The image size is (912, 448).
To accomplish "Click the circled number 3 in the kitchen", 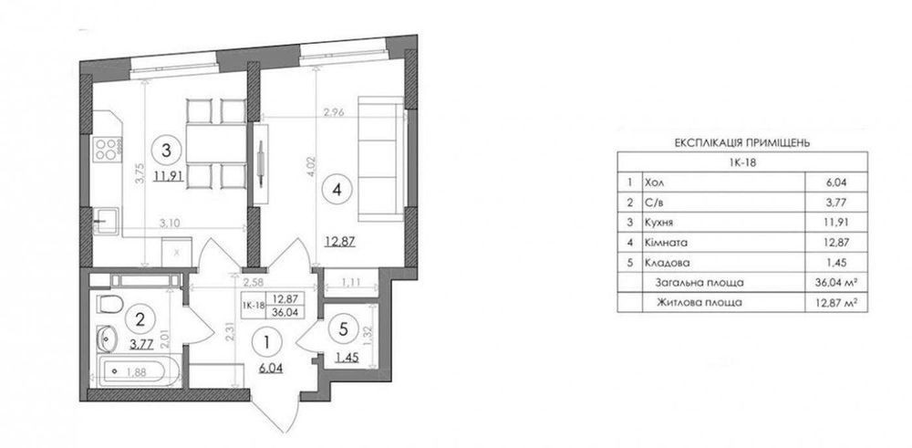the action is [166, 151].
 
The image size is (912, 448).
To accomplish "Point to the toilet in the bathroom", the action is [109, 304].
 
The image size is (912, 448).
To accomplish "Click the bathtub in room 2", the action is [136, 371].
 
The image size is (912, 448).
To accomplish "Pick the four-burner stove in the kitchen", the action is [108, 148].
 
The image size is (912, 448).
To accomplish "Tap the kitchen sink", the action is [106, 222].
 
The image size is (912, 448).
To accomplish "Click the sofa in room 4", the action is [381, 158].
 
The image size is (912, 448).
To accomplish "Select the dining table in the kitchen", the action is [216, 144].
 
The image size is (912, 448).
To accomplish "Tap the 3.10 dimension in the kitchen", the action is [170, 222].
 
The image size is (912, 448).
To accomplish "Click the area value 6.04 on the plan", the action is [271, 368].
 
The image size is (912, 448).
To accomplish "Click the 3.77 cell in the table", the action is [835, 203].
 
